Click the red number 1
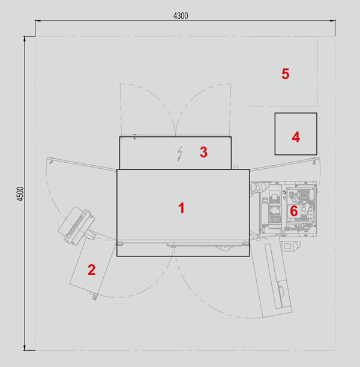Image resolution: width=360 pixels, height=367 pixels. point(181,208)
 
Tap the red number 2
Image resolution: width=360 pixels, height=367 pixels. point(91,270)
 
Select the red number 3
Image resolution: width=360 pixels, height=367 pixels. point(203,152)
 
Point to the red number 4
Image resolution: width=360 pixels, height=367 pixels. point(296,137)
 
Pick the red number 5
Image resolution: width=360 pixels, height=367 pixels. point(286,74)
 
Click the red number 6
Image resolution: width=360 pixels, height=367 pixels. point(294,211)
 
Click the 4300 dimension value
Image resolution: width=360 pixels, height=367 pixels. point(181,16)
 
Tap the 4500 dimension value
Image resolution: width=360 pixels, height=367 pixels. point(20,194)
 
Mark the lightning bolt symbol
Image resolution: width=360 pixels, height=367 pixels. point(179,154)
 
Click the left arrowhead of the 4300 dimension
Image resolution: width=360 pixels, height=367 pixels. point(38,20)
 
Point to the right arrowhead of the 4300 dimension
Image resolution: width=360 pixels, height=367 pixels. point(332,20)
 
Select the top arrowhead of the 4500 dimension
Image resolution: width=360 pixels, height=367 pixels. point(25,39)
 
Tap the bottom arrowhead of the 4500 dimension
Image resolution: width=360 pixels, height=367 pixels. point(25,348)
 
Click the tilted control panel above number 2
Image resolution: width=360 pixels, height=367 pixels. point(76,226)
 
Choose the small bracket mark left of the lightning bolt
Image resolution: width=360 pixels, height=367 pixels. point(135,137)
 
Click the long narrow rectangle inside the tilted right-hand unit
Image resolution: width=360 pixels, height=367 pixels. point(274,276)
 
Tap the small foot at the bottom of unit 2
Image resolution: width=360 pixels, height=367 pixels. point(94,297)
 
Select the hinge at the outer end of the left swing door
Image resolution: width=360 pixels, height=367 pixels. point(50,161)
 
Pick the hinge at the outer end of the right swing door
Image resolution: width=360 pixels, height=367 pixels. point(315,161)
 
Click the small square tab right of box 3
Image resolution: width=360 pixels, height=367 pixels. point(236,168)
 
